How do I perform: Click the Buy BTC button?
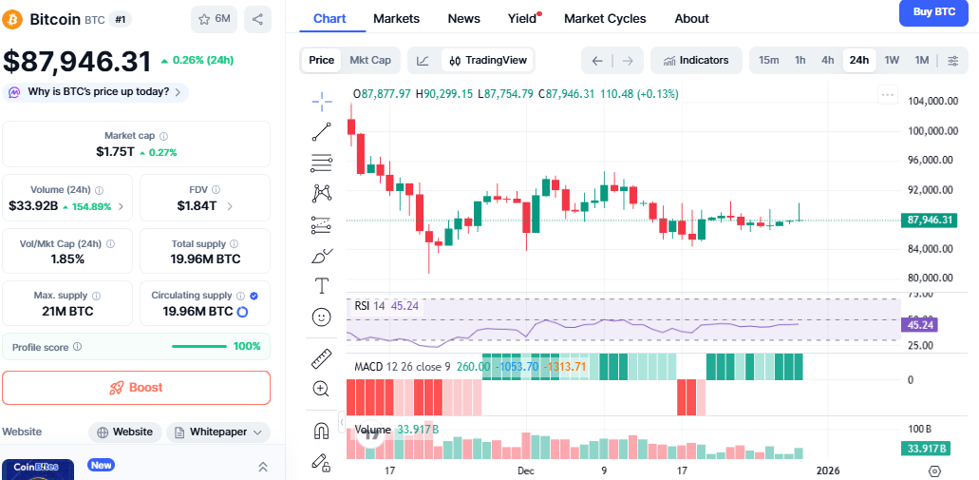(933, 11)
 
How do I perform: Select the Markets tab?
(396, 18)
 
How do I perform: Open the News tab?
(463, 18)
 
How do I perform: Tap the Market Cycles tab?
(605, 18)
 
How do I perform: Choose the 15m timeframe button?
(768, 60)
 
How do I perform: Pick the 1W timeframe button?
(892, 60)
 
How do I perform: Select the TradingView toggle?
(487, 60)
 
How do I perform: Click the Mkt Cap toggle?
(370, 60)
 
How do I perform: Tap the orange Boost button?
(136, 388)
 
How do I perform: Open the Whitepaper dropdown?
(219, 432)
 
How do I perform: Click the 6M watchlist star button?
(214, 18)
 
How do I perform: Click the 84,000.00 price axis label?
(930, 249)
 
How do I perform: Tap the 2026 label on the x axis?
(829, 470)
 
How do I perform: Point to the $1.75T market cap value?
(116, 151)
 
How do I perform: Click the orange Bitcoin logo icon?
(12, 19)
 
